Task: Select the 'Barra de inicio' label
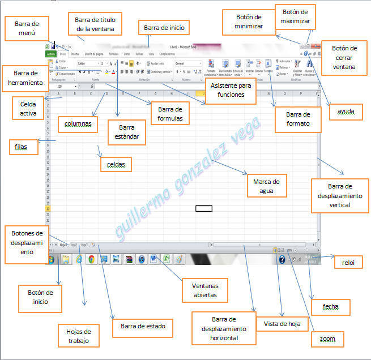click(164, 27)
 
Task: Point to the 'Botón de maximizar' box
click(295, 16)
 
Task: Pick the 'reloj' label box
click(344, 263)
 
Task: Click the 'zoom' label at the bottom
click(328, 339)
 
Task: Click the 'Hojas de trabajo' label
click(79, 335)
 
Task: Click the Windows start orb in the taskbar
click(51, 260)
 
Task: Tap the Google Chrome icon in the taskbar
click(91, 260)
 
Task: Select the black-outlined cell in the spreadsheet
click(204, 208)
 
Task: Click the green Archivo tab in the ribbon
click(50, 54)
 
